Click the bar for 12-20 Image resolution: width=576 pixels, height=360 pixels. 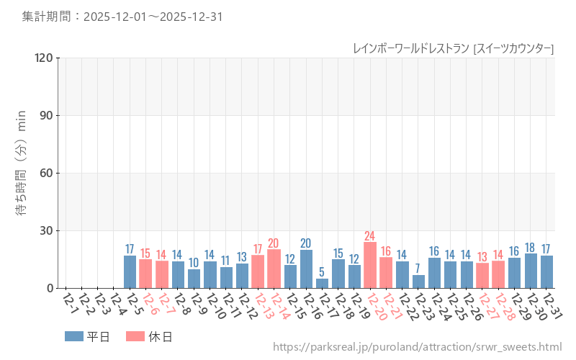(x=370, y=265)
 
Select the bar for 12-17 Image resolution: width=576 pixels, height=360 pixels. (x=322, y=283)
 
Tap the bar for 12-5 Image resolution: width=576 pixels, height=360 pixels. (x=130, y=271)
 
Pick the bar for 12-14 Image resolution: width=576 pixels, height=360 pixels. (x=274, y=269)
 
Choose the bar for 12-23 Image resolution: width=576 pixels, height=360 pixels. (x=418, y=282)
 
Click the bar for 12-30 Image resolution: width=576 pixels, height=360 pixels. (x=531, y=271)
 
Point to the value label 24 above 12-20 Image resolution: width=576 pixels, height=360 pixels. (x=370, y=235)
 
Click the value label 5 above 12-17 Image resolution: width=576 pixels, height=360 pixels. (x=322, y=272)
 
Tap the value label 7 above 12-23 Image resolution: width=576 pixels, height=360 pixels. (x=418, y=269)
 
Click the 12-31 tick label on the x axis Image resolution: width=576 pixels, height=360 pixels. (x=551, y=304)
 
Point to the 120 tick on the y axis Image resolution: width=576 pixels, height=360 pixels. (x=44, y=58)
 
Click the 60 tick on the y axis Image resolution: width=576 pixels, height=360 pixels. (x=47, y=173)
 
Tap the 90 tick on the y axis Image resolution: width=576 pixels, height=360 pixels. (x=47, y=115)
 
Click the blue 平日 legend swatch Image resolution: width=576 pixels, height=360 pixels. (x=74, y=336)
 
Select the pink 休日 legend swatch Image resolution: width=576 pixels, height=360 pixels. (x=135, y=336)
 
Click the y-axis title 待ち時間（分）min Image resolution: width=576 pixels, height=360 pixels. (x=22, y=173)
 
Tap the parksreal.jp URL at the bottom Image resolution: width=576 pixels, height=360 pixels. (x=417, y=347)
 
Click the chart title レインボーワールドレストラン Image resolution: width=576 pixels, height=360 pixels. (x=410, y=48)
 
